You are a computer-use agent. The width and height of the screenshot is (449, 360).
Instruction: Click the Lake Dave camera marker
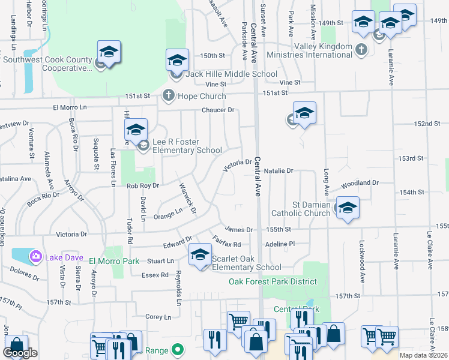[x=36, y=257]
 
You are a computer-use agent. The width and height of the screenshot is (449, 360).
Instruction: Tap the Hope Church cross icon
[x=169, y=95]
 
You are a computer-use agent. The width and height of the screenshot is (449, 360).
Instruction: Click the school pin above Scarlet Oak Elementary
[x=200, y=254]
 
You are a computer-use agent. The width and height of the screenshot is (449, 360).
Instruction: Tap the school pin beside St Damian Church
[x=348, y=208]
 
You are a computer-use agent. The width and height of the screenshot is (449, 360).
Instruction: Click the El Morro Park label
[x=114, y=261]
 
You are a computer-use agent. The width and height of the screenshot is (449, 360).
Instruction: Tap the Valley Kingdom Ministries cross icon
[x=361, y=49]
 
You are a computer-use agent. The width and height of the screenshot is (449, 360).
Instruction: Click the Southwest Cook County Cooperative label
[x=48, y=64]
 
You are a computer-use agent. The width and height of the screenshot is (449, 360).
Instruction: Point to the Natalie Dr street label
[x=278, y=171]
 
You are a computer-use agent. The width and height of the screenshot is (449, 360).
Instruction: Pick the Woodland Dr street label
[x=360, y=183]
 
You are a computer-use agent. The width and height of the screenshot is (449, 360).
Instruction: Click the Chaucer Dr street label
[x=217, y=110]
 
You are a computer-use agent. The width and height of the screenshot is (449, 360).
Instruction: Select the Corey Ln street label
[x=158, y=316]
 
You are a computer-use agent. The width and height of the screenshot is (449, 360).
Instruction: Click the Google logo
[x=20, y=353]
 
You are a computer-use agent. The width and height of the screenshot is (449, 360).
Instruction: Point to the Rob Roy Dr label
[x=142, y=186]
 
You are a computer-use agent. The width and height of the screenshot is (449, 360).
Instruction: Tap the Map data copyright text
[x=423, y=355]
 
